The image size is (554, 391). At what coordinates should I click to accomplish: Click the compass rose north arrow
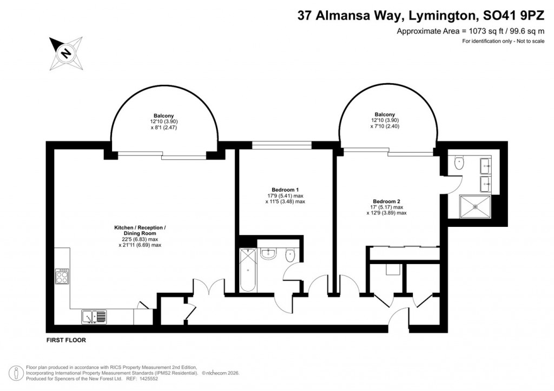tap(66, 52)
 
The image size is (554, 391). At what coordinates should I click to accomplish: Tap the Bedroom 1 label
tap(285, 190)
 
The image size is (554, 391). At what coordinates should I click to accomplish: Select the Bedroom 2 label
tap(387, 201)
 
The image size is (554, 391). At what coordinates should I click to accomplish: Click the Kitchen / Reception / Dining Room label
tap(140, 230)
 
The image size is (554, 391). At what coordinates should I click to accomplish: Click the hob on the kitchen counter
tap(62, 277)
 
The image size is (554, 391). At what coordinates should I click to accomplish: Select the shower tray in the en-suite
tap(474, 206)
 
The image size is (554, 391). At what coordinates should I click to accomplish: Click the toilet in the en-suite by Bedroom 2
tap(460, 162)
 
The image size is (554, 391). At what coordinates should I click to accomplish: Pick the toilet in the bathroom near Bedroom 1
tap(290, 255)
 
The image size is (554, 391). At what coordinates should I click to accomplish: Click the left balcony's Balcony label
tap(163, 116)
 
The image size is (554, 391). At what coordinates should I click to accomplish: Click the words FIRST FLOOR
tap(66, 341)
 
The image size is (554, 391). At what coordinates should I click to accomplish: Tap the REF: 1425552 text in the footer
tap(139, 379)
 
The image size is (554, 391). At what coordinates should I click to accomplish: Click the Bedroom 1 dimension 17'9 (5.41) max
tap(286, 195)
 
